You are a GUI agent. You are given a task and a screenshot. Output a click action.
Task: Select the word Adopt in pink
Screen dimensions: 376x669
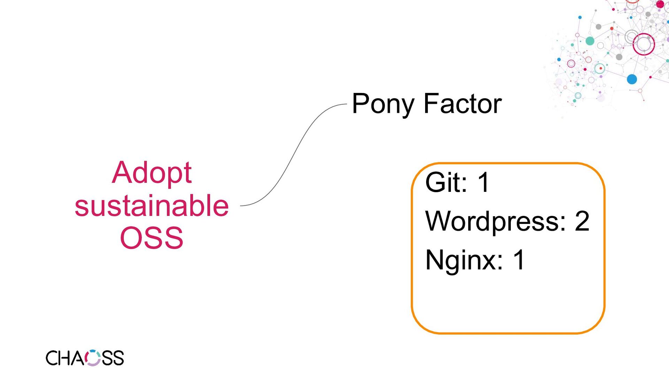(x=152, y=173)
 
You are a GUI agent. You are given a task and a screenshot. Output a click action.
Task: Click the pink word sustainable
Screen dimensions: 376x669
(x=152, y=205)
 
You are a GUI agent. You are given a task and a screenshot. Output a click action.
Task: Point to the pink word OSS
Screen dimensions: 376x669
(x=152, y=238)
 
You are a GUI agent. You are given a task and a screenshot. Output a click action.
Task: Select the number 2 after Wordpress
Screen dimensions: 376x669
(x=582, y=221)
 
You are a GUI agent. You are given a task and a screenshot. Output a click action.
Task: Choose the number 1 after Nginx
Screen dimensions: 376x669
(x=519, y=260)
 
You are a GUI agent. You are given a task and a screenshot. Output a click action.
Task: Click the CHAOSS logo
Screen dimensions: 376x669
(x=85, y=358)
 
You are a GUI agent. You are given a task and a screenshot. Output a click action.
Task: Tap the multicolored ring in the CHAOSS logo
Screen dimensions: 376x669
(x=93, y=358)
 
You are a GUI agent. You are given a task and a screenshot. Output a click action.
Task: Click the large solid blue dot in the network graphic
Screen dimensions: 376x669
(x=632, y=79)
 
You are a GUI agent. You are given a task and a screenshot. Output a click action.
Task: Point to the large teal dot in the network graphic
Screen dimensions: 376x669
(x=590, y=41)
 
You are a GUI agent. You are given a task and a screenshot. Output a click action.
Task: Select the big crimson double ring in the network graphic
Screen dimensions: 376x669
(x=644, y=44)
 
